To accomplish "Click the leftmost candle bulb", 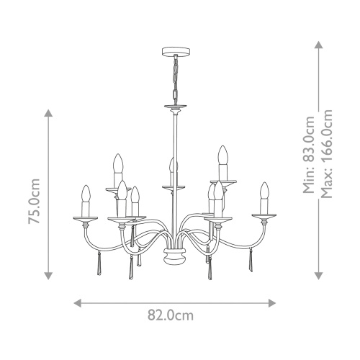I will coord(86,196).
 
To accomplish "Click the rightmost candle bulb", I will coord(264,193).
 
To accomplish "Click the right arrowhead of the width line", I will coord(274,302).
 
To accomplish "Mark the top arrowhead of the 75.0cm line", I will coord(48,114).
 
